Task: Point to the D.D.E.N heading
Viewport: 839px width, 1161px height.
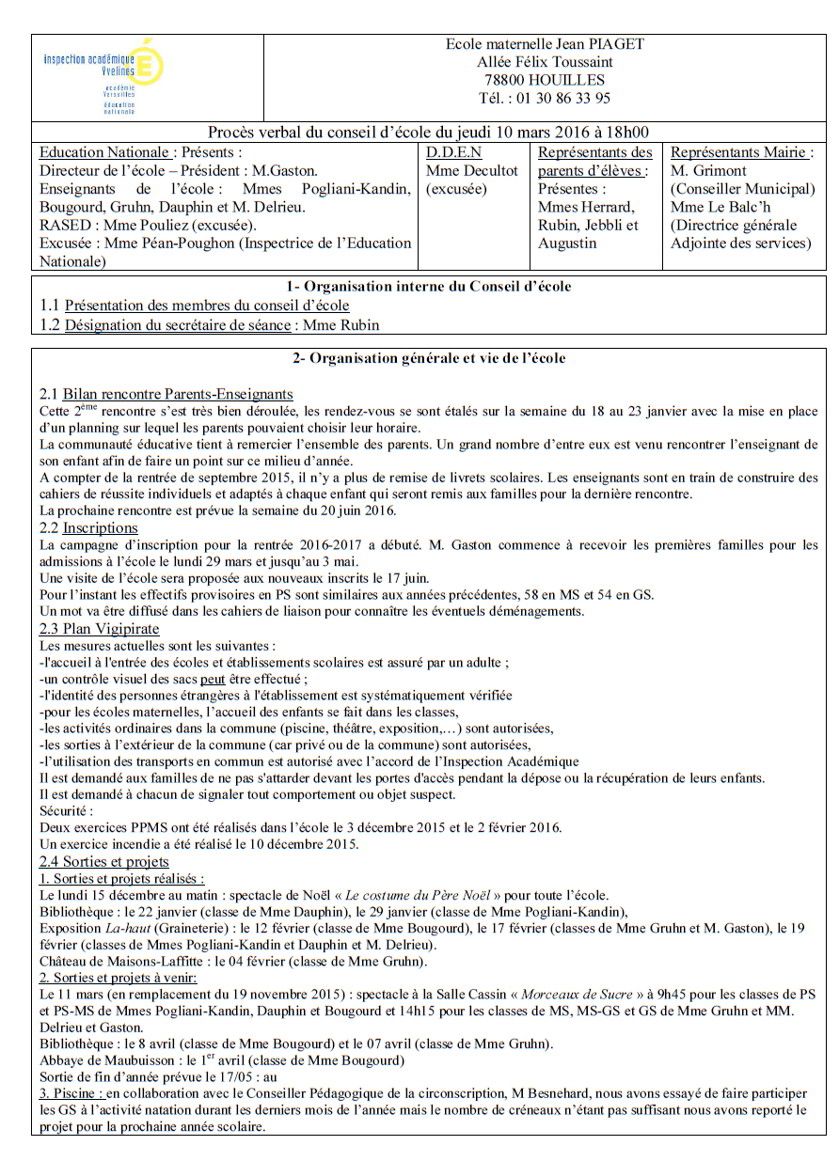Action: click(453, 152)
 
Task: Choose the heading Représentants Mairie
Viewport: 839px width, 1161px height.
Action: click(741, 152)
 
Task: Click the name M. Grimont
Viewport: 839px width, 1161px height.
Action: click(708, 170)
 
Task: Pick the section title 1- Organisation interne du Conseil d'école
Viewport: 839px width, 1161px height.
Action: click(428, 287)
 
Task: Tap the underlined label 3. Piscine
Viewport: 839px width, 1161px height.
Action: click(71, 1093)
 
